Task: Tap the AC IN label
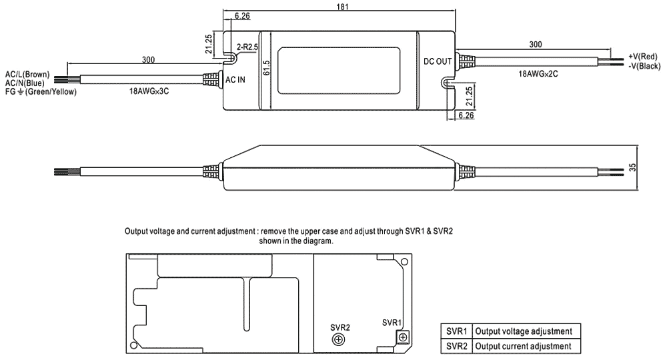(x=235, y=79)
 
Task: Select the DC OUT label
(x=438, y=61)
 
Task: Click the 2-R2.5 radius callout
(x=249, y=48)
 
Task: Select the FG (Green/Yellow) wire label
(x=40, y=91)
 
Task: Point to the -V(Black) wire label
(x=644, y=67)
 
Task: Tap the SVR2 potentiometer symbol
(x=339, y=340)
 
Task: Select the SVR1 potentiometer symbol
(x=402, y=337)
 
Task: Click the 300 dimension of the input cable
(x=148, y=60)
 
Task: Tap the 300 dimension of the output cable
(x=535, y=44)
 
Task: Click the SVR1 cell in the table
(x=457, y=331)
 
